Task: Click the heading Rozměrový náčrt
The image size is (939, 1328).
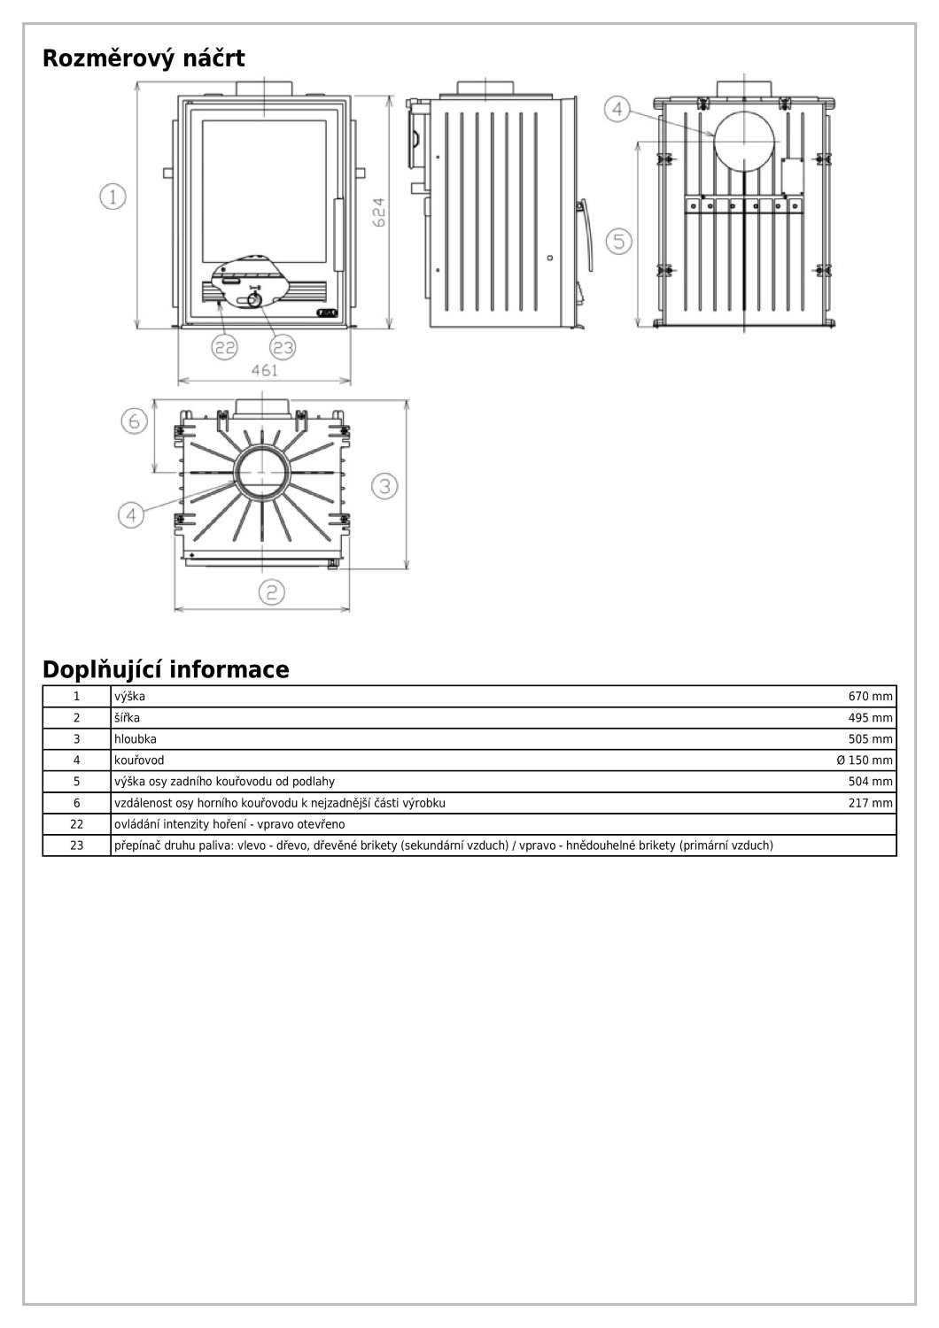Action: [144, 59]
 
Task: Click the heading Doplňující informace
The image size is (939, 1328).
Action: [166, 669]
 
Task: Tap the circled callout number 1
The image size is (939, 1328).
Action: [113, 197]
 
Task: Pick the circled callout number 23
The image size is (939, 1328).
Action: [282, 347]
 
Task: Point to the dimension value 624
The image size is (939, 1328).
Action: [378, 212]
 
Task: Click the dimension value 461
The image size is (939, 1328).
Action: [264, 371]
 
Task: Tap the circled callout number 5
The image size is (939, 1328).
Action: [618, 241]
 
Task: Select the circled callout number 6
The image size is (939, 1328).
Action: [133, 421]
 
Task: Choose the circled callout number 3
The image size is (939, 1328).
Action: [384, 485]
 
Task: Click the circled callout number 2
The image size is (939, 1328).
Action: [271, 591]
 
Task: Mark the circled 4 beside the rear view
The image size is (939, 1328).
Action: [617, 110]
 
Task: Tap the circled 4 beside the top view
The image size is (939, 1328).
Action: [131, 513]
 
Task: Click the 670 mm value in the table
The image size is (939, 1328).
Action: [870, 697]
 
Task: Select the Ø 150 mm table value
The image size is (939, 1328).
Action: [864, 761]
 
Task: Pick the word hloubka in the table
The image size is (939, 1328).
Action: [136, 739]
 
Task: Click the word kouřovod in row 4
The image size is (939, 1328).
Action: [139, 761]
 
